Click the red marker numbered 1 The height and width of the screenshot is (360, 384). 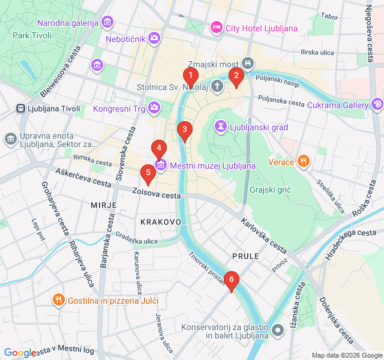click(x=191, y=76)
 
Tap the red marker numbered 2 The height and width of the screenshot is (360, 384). click(x=236, y=76)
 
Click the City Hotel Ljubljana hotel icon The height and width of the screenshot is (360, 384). click(x=216, y=28)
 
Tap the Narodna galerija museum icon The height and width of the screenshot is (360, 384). click(x=107, y=23)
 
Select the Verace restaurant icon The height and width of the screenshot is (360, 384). click(x=304, y=161)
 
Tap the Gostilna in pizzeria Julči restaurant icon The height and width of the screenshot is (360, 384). click(x=58, y=299)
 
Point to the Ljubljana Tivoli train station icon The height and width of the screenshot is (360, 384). click(x=21, y=109)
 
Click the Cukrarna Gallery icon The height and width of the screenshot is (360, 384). click(x=377, y=104)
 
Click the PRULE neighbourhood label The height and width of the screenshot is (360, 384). click(x=245, y=256)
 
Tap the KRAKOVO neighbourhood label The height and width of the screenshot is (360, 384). click(x=160, y=222)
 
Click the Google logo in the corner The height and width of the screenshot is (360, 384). click(x=20, y=353)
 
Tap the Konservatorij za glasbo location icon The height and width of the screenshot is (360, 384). click(x=277, y=331)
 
